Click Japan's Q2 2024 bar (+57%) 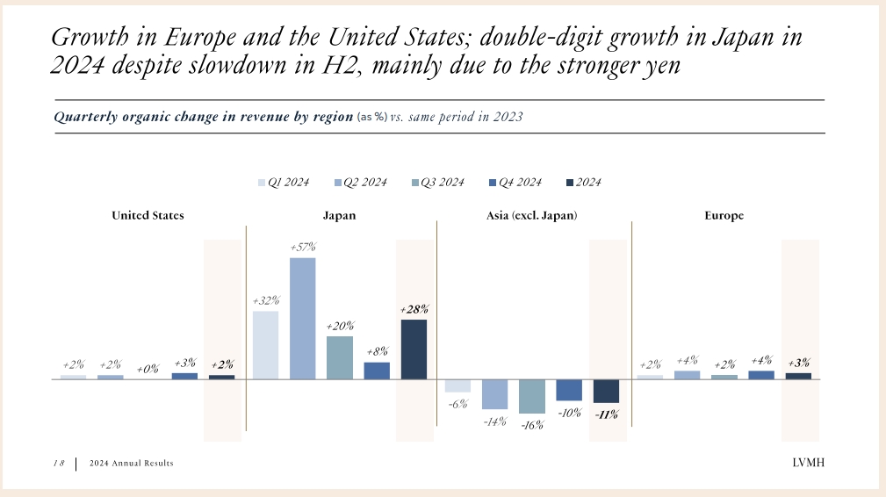pyautogui.click(x=302, y=319)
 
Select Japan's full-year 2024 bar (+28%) pyautogui.click(x=414, y=349)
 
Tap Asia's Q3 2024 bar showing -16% pyautogui.click(x=532, y=397)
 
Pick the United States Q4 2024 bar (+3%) pyautogui.click(x=184, y=376)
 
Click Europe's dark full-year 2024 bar pyautogui.click(x=798, y=376)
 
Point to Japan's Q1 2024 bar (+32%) pyautogui.click(x=265, y=345)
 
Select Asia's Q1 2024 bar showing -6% pyautogui.click(x=457, y=385)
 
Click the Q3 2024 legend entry pyautogui.click(x=438, y=183)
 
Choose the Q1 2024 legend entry pyautogui.click(x=284, y=183)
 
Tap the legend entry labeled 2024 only pyautogui.click(x=584, y=183)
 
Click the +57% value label pyautogui.click(x=303, y=247)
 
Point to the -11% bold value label pyautogui.click(x=606, y=414)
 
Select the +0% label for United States pyautogui.click(x=148, y=370)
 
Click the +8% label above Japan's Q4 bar pyautogui.click(x=377, y=352)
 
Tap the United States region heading pyautogui.click(x=148, y=215)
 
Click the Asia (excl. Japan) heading pyautogui.click(x=532, y=215)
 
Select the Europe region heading pyautogui.click(x=724, y=216)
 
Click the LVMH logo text pyautogui.click(x=808, y=463)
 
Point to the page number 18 pyautogui.click(x=59, y=463)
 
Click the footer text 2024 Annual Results pyautogui.click(x=131, y=463)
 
